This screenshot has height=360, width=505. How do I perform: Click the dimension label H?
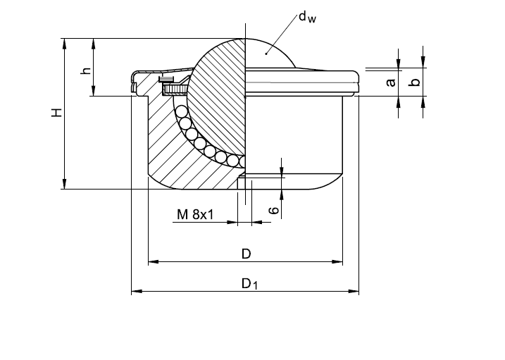[57, 113]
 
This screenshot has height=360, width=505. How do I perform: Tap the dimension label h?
[86, 70]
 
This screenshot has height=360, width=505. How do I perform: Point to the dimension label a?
[391, 82]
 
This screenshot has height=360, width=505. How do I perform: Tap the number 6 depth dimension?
[275, 210]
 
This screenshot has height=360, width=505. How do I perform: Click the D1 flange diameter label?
[250, 284]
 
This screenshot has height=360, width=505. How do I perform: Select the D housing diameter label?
[246, 253]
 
